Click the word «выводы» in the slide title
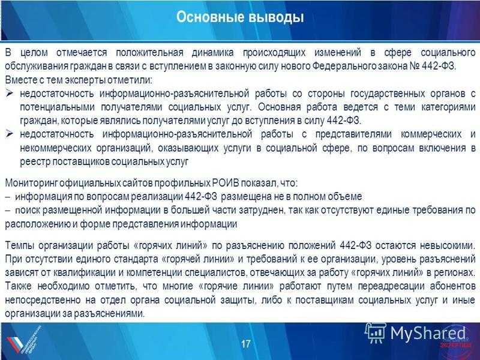pos(276,17)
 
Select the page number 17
pos(245,344)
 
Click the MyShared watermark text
pos(428,333)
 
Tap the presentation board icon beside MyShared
pos(376,333)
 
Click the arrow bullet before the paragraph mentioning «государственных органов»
pos(10,94)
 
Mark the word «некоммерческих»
pos(56,148)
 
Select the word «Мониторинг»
pos(31,183)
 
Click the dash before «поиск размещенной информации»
pos(8,211)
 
